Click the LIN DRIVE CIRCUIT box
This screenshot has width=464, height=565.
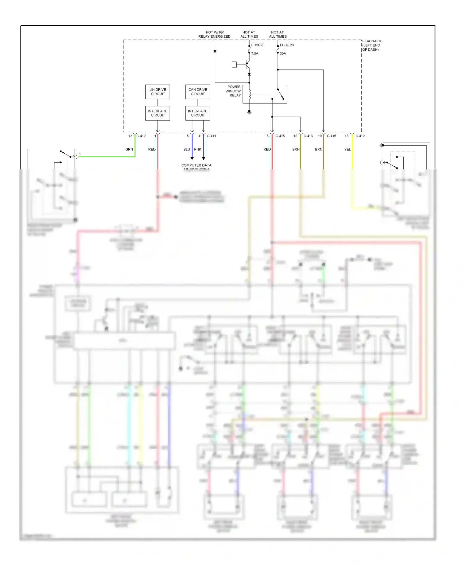tap(158, 92)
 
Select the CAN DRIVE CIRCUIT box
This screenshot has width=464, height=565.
tap(198, 92)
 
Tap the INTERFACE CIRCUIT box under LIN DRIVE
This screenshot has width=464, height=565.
tap(158, 113)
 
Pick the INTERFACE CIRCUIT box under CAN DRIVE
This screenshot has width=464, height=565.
tap(198, 113)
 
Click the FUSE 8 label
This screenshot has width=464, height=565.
tap(257, 45)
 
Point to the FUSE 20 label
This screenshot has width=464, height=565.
tap(287, 45)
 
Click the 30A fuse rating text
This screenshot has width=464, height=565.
tap(283, 53)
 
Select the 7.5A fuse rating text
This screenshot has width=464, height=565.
tap(255, 53)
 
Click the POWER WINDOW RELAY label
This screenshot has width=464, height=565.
tap(234, 91)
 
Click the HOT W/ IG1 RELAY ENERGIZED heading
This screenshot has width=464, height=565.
tap(214, 34)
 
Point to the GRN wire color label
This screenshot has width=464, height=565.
tap(129, 149)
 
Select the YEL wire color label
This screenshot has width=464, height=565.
tap(347, 149)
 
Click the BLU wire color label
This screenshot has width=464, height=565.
tap(187, 149)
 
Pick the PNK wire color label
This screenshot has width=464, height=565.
tap(198, 149)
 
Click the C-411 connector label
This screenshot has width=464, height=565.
tap(211, 136)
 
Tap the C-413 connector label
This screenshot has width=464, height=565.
tap(308, 136)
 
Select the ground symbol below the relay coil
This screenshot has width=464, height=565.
tap(249, 113)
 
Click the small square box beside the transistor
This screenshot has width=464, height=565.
tap(234, 65)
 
